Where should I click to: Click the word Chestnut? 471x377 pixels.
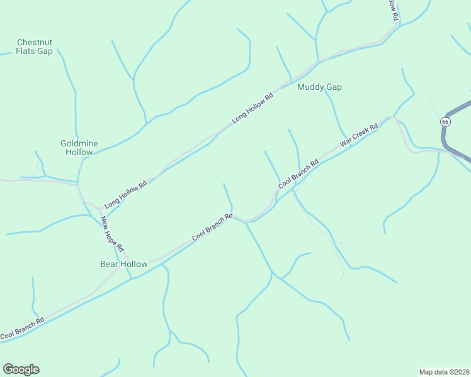point(35,42)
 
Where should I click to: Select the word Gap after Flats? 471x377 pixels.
point(45,52)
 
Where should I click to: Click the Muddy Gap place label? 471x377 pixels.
point(319,87)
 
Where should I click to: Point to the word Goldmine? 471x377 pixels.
point(79,143)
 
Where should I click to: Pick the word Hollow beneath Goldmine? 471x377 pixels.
point(79,153)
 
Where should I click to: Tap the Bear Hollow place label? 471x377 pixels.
point(123,264)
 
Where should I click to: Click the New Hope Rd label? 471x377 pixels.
point(114,235)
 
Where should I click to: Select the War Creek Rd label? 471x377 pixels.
point(358,136)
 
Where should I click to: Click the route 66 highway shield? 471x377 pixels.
point(446,121)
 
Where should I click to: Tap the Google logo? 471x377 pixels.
point(21,369)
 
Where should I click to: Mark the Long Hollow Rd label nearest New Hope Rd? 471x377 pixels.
point(125,194)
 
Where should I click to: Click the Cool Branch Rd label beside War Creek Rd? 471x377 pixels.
point(298,173)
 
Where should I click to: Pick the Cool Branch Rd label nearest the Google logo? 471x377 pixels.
point(22,329)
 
